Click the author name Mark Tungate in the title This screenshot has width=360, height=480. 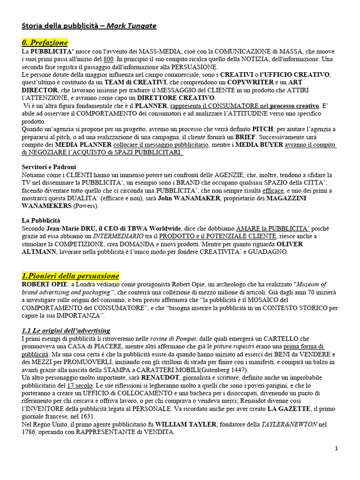tap(131, 26)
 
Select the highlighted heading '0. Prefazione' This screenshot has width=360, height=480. tap(45, 42)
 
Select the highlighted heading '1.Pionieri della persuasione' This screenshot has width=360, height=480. tap(70, 276)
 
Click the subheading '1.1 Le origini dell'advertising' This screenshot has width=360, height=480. tap(66, 330)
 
